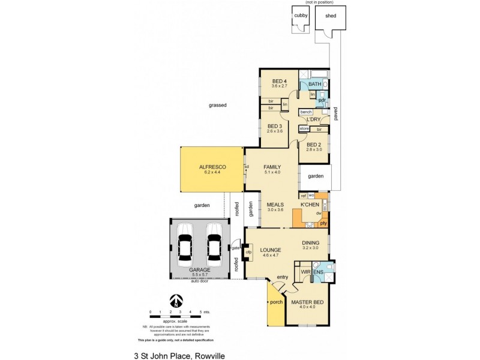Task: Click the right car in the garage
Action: click(x=214, y=246)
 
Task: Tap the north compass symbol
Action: click(x=175, y=300)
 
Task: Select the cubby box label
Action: click(x=299, y=17)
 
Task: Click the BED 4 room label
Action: click(x=280, y=82)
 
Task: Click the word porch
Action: click(x=276, y=302)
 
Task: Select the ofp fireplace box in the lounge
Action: click(x=248, y=252)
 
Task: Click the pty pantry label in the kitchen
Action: click(x=323, y=223)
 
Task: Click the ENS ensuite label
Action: click(x=318, y=272)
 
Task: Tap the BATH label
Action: click(x=314, y=85)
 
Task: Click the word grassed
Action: click(x=217, y=105)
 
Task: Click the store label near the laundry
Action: click(x=304, y=128)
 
